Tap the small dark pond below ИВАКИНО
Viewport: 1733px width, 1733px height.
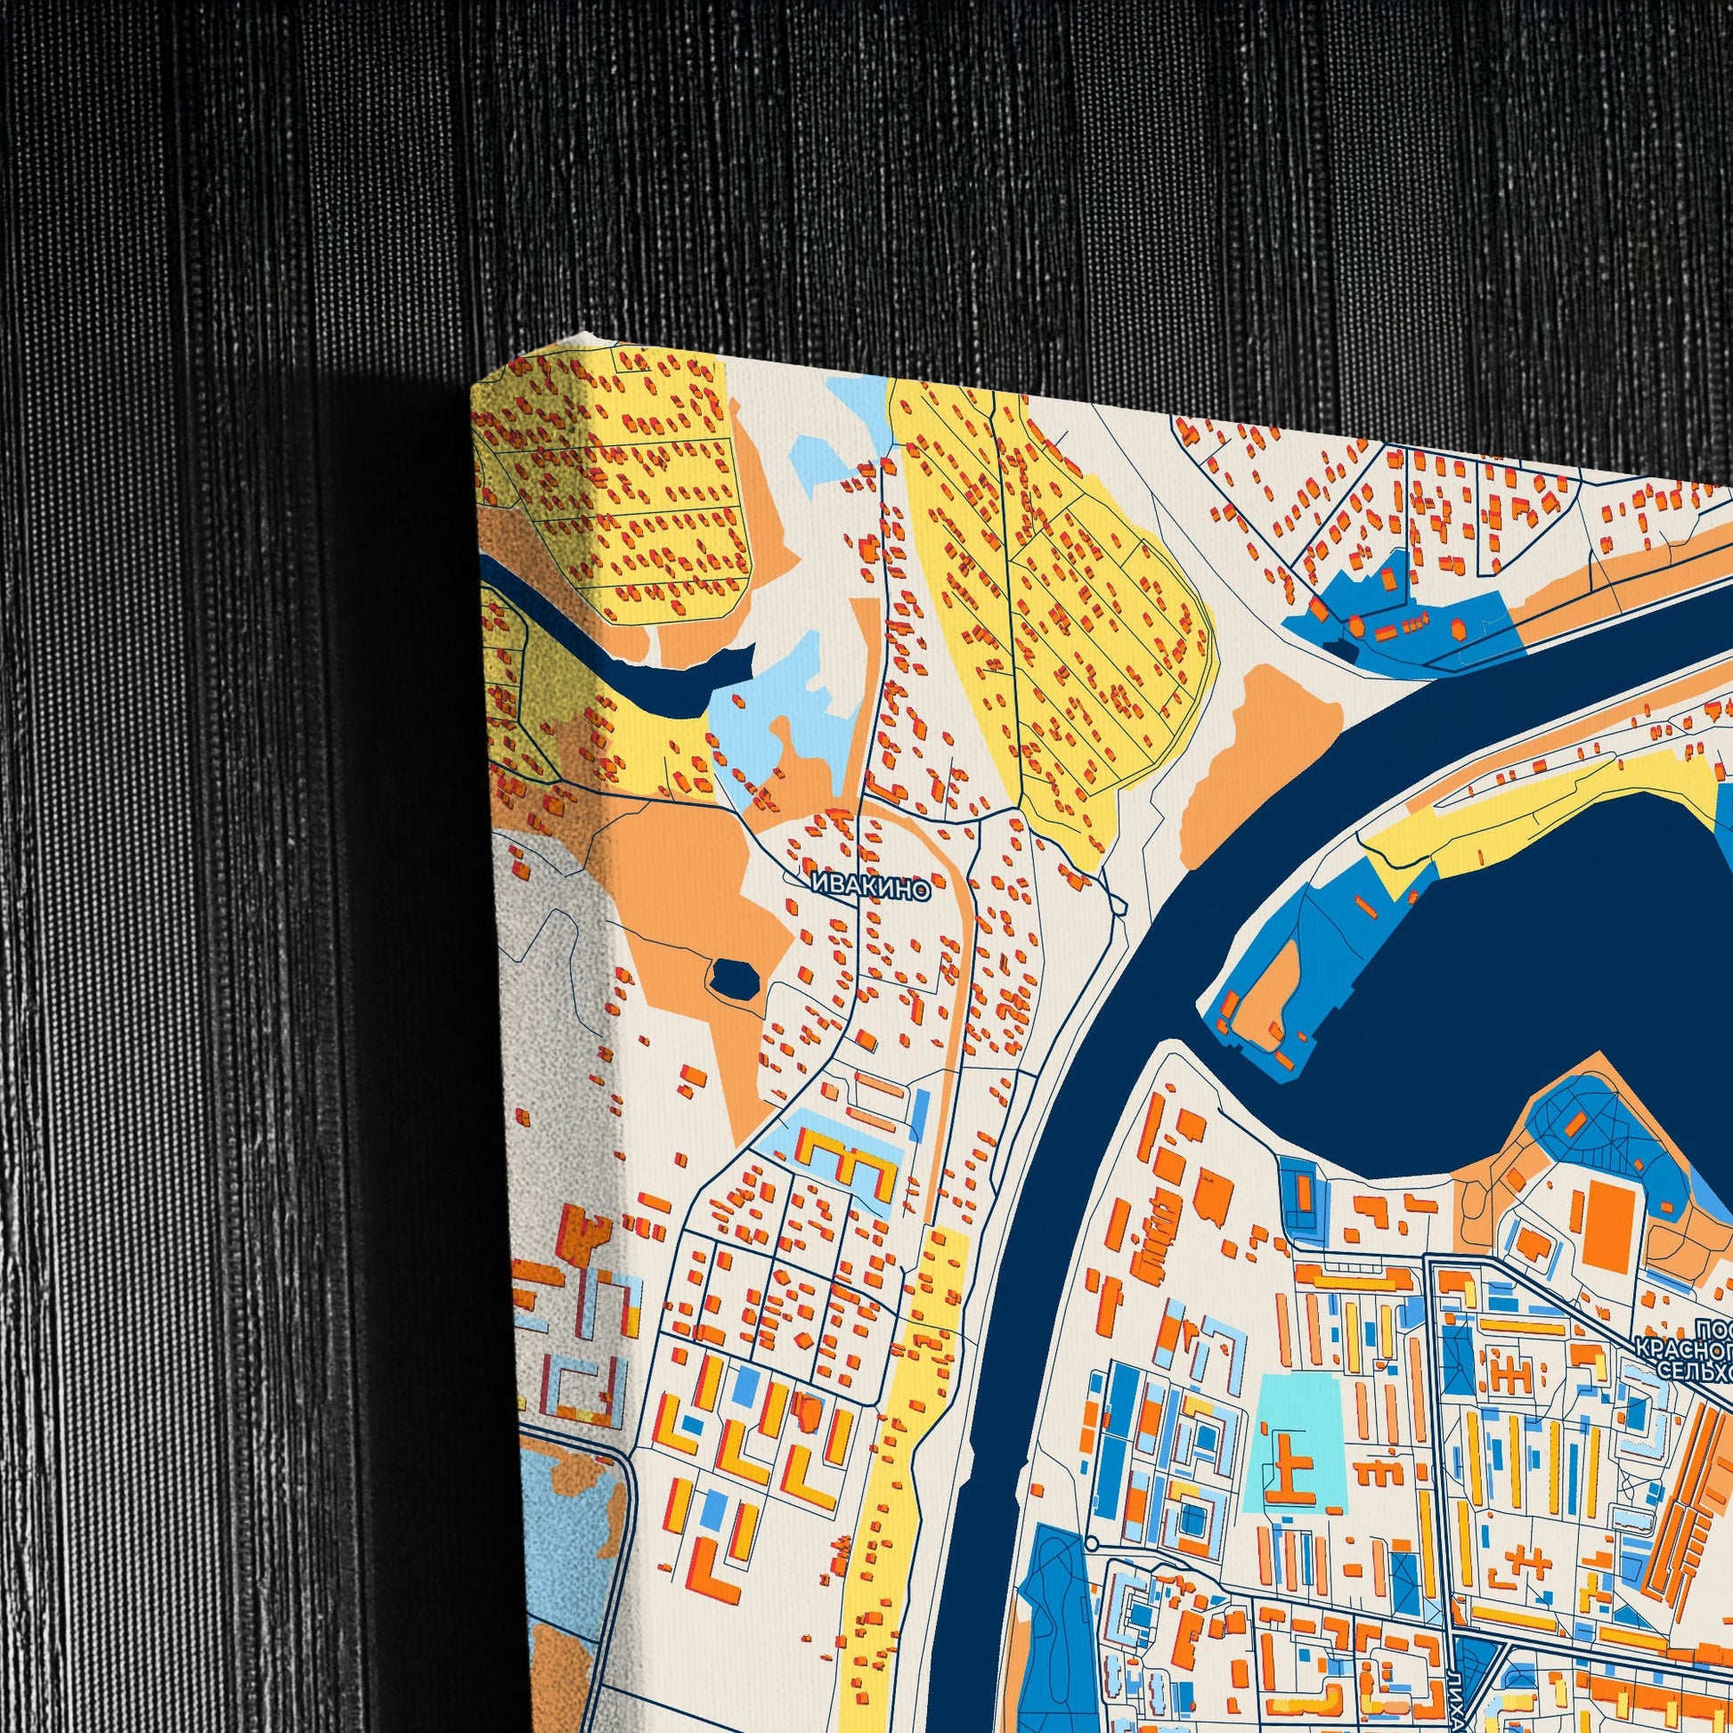point(733,977)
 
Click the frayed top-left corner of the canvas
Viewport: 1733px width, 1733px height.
point(588,336)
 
